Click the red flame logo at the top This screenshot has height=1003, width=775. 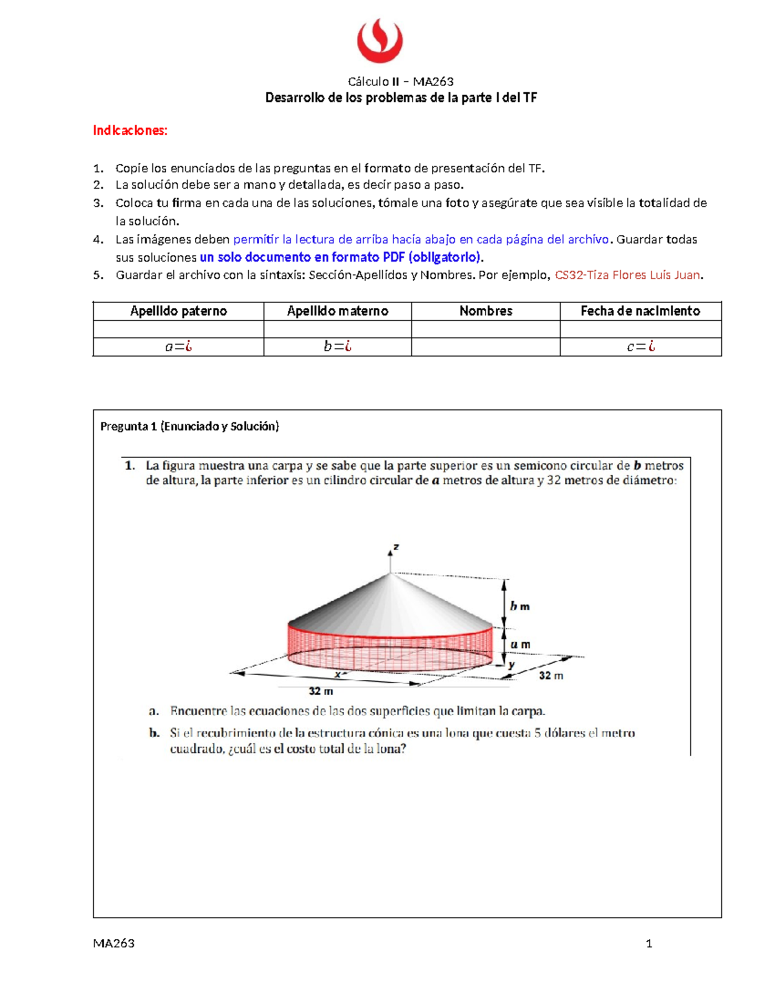coord(380,41)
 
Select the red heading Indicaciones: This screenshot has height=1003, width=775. coord(130,130)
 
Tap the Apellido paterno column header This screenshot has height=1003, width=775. coord(178,311)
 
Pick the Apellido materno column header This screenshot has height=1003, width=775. coord(337,311)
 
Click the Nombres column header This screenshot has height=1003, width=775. coord(486,311)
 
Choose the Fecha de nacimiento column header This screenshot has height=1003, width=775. coord(640,311)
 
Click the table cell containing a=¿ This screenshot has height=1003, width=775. coord(178,347)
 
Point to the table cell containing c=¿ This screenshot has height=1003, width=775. coord(641,347)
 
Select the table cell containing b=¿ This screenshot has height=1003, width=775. coord(337,347)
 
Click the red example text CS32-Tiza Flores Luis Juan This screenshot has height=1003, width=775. coord(628,275)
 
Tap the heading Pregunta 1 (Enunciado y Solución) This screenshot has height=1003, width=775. coord(189,426)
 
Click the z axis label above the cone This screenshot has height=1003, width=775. coord(396,547)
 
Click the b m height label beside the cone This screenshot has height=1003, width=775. coord(519,606)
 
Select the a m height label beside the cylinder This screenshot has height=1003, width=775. coord(520,645)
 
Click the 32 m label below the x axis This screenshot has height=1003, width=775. coord(320,691)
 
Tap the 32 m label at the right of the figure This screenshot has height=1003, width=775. coord(551,676)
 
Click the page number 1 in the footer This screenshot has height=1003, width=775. coord(648,944)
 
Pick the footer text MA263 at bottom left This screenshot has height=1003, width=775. coord(114,944)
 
